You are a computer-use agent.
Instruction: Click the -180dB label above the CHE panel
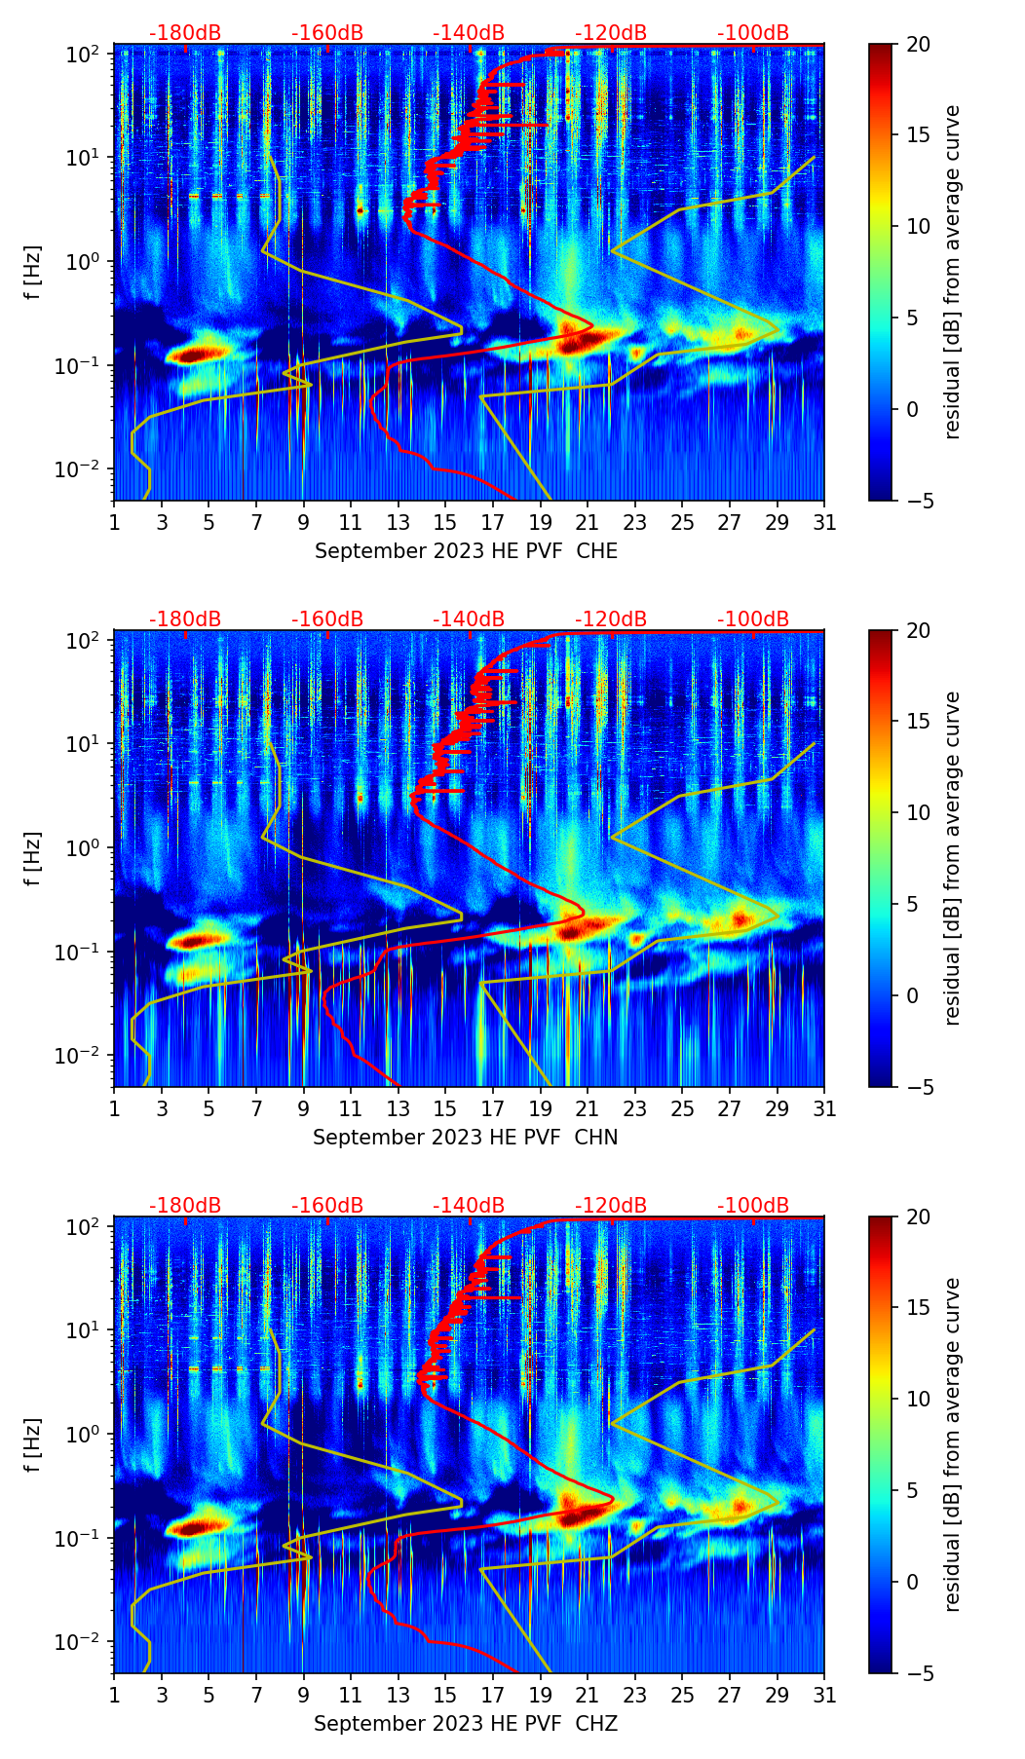(x=185, y=33)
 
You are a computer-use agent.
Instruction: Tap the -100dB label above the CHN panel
(x=753, y=619)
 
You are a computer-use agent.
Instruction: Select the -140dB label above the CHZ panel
(x=469, y=1206)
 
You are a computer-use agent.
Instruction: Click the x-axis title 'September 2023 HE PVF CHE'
(x=466, y=551)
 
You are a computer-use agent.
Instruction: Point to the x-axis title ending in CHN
(x=466, y=1138)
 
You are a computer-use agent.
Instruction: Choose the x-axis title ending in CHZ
(x=466, y=1724)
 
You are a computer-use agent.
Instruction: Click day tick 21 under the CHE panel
(x=588, y=522)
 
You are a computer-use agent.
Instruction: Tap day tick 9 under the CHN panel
(x=304, y=1108)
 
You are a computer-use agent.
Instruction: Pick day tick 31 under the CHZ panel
(x=824, y=1695)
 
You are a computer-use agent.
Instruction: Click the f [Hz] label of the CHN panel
(x=32, y=858)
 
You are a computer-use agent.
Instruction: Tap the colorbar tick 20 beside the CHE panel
(x=918, y=44)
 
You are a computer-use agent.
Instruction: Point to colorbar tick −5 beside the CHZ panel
(x=918, y=1673)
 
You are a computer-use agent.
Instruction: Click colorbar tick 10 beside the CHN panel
(x=918, y=812)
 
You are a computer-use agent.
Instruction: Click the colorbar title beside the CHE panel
(x=952, y=272)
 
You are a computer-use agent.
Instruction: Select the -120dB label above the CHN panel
(x=611, y=619)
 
